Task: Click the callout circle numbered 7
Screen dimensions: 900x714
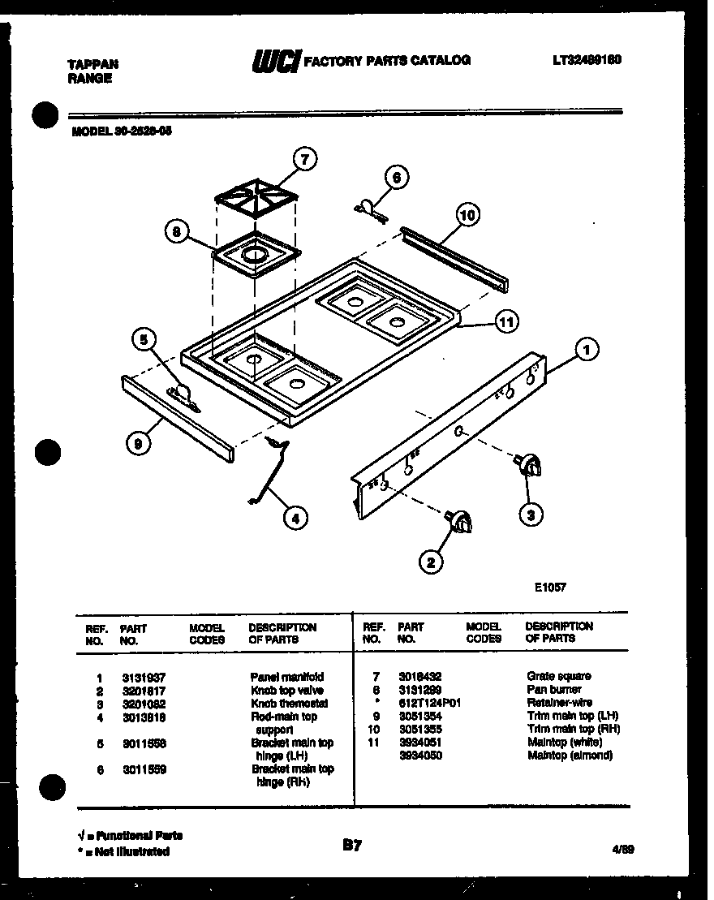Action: coord(303,160)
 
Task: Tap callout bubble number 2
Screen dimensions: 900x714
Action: coord(431,560)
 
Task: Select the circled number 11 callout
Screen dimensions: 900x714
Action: coord(506,323)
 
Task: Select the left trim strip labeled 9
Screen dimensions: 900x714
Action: coord(178,419)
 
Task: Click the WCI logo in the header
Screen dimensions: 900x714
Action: coord(276,61)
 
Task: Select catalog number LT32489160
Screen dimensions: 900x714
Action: coord(586,59)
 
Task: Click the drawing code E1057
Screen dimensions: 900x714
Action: coord(549,588)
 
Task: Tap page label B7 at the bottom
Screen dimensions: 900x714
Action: coord(351,846)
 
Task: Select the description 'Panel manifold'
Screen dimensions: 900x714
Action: coord(286,677)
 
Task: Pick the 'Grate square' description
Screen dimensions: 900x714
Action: coord(559,676)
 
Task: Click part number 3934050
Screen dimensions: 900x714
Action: coord(419,756)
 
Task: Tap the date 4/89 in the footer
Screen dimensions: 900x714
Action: coord(623,849)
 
